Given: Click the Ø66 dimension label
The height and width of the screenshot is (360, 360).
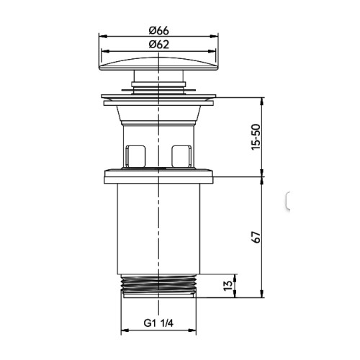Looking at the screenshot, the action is tap(158, 31).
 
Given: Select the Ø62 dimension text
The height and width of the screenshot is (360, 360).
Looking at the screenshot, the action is tap(158, 45).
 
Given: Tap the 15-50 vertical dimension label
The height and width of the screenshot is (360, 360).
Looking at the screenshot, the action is tap(256, 137).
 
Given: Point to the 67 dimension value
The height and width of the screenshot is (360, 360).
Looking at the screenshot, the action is tap(256, 238).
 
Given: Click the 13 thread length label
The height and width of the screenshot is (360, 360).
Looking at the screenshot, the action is tap(228, 286).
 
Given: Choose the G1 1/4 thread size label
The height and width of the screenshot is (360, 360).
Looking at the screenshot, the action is tap(158, 323).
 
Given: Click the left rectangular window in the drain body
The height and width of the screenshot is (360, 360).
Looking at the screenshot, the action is tap(135, 156).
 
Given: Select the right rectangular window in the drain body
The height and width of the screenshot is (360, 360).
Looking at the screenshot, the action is tap(181, 156).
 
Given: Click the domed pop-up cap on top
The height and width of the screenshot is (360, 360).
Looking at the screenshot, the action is tap(158, 63).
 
